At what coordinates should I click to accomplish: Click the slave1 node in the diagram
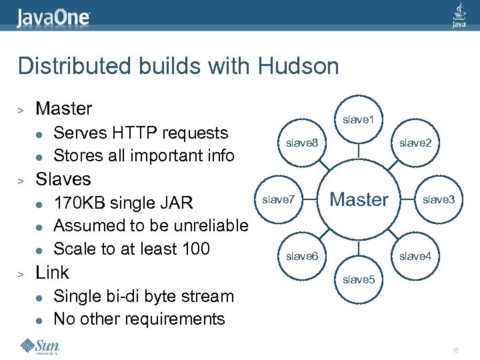tap(359, 120)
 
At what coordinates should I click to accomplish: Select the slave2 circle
tap(415, 143)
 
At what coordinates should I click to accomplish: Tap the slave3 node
tap(439, 199)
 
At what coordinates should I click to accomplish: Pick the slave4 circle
tap(415, 256)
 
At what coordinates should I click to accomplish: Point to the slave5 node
tap(359, 279)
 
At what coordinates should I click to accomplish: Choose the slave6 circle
tap(302, 256)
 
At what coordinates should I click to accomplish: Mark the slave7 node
tap(279, 199)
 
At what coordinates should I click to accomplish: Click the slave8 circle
tap(302, 143)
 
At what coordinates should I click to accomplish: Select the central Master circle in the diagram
tap(359, 199)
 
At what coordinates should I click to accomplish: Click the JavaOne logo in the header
tap(53, 17)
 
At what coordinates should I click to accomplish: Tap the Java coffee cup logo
tap(459, 15)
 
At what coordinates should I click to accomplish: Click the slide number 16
tap(456, 351)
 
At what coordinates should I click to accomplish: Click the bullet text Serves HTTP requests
tap(140, 133)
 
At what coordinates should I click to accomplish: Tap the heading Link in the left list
tap(52, 272)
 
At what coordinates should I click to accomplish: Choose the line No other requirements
tap(139, 319)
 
